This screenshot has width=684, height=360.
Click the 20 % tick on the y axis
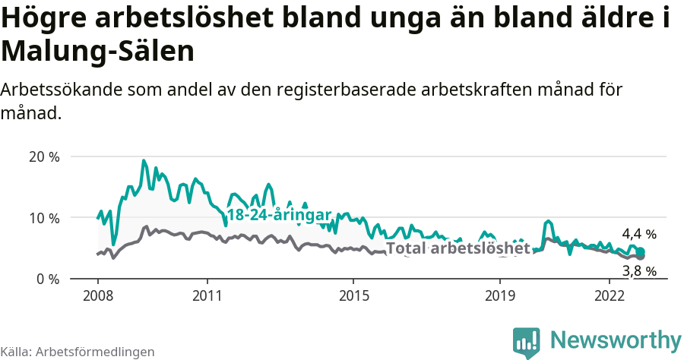43,157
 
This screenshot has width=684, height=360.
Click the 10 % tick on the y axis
43,218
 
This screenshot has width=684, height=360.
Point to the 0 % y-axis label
47,279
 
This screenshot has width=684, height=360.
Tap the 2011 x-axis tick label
207,295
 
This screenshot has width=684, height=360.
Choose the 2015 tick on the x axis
353,295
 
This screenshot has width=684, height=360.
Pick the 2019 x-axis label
500,295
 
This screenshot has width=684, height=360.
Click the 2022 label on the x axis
610,295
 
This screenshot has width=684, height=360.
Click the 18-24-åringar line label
279,215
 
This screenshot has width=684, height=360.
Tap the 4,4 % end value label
638,234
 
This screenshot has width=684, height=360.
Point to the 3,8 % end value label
638,270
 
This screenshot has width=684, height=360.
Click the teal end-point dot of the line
641,252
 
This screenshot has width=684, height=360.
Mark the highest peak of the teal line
144,161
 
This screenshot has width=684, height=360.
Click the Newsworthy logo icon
526,343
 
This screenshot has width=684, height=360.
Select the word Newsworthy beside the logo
615,339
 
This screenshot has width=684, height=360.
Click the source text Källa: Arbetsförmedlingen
78,352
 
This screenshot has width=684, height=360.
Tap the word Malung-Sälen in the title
97,52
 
